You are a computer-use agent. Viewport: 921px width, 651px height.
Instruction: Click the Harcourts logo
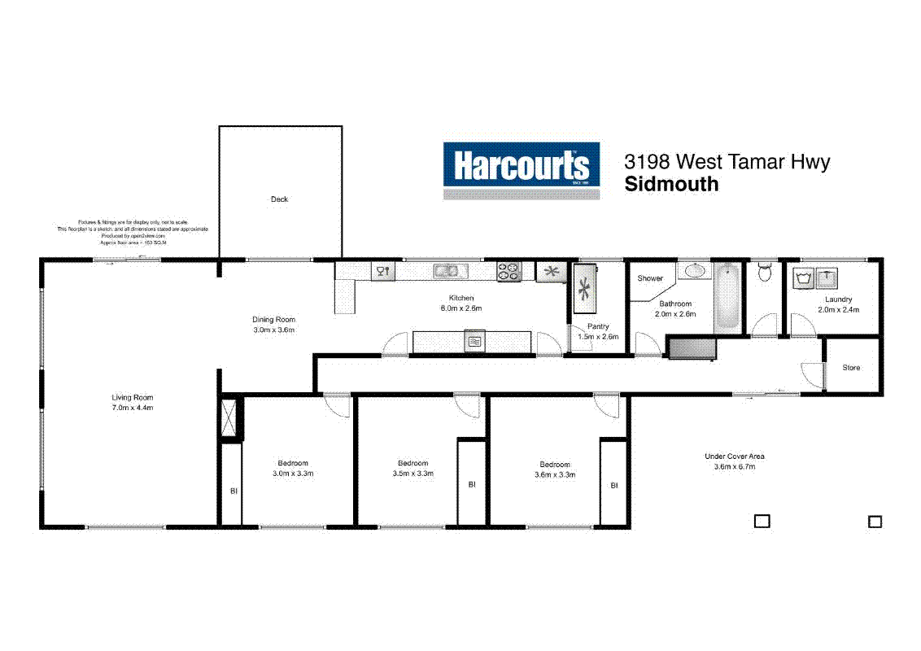coord(521,171)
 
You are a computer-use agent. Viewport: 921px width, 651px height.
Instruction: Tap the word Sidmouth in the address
coord(671,184)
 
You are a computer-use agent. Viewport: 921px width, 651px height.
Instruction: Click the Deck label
coord(279,199)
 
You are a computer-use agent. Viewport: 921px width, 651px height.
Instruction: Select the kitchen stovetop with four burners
coord(509,272)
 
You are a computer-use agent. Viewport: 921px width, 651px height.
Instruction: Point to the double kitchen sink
coord(446,271)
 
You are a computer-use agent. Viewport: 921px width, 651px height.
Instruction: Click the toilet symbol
coord(764,273)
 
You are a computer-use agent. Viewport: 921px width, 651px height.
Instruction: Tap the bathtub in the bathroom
coord(727,296)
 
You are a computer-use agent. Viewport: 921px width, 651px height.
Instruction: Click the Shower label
coord(650,278)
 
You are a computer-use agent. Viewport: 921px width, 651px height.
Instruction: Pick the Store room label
coord(851,368)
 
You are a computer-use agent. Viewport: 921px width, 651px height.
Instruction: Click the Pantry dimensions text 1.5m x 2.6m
coord(598,337)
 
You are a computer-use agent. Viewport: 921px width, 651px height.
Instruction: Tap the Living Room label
coord(132,397)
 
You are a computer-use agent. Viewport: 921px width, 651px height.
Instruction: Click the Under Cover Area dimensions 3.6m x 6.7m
coord(734,467)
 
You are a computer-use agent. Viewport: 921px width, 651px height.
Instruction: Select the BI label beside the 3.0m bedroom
coord(233,492)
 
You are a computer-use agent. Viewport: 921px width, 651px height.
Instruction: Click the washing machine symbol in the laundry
coord(805,278)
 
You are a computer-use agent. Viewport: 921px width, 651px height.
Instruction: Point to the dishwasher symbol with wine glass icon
coord(382,271)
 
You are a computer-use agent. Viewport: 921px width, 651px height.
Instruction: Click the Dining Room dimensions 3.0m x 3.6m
coord(273,330)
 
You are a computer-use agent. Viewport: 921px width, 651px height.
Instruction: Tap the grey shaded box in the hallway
coord(691,348)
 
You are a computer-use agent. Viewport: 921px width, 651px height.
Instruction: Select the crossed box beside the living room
coord(232,418)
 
